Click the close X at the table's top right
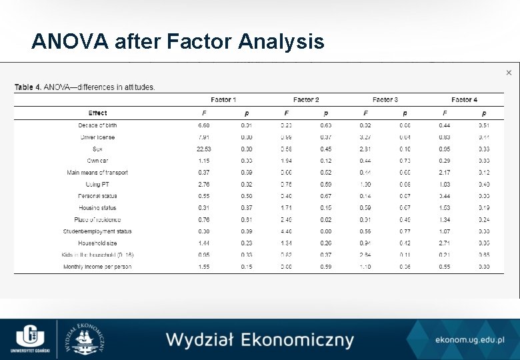509,73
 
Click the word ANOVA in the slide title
70,42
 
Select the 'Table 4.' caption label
28,87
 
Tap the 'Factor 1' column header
224,100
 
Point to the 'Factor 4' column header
464,100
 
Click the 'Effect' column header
97,113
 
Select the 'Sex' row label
97,149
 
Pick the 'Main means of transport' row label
97,173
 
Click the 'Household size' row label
97,243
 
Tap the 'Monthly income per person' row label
97,267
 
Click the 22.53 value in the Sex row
204,149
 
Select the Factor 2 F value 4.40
286,231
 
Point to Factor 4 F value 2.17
444,173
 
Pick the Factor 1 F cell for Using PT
204,185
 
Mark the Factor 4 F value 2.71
444,243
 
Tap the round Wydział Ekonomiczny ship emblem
87,339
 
